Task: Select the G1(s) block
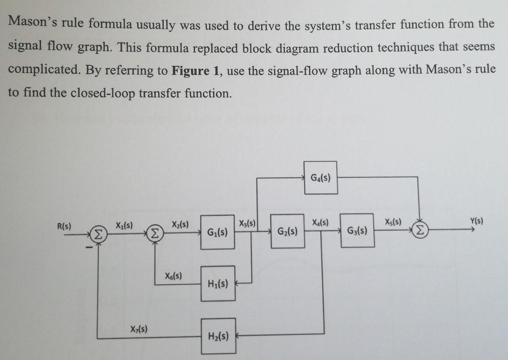point(217,234)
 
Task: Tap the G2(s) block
point(287,232)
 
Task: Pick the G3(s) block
point(357,231)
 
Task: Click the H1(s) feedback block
point(218,284)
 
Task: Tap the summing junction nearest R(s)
point(97,233)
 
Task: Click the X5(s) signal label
point(393,222)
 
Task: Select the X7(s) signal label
point(138,328)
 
